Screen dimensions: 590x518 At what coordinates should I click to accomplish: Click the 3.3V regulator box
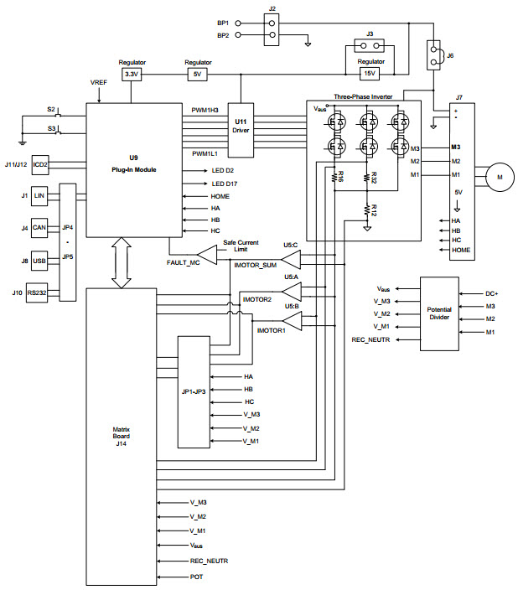[132, 74]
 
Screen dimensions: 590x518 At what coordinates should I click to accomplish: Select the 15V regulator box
[370, 74]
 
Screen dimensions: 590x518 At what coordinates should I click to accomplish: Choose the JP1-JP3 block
[194, 391]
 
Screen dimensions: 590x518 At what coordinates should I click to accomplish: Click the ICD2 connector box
[39, 165]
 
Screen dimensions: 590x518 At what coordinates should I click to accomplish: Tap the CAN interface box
[39, 227]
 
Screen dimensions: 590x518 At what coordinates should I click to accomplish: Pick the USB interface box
[39, 260]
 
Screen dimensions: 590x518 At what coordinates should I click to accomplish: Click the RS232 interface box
[37, 292]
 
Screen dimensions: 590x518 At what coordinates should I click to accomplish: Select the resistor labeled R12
[367, 211]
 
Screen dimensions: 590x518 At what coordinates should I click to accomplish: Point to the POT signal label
[196, 577]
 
